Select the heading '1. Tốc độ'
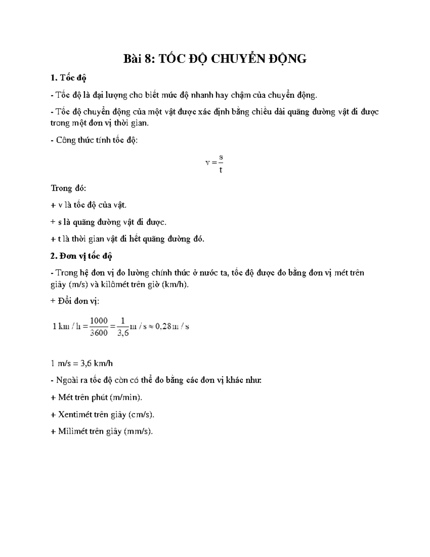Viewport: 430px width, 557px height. [x=68, y=78]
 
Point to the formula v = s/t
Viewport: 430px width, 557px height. [x=214, y=163]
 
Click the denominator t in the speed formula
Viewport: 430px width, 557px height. [x=221, y=170]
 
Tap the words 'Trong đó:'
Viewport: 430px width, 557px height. [x=68, y=188]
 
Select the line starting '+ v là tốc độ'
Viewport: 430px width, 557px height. [x=89, y=205]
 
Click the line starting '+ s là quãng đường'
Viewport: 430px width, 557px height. [x=109, y=222]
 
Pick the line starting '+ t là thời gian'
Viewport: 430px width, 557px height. [x=127, y=239]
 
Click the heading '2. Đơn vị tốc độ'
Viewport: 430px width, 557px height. [x=81, y=256]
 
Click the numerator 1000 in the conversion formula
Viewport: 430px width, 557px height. [x=99, y=321]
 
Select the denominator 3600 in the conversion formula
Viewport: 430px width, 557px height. [x=99, y=333]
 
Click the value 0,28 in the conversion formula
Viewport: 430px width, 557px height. [x=163, y=326]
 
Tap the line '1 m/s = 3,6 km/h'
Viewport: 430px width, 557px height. [x=82, y=363]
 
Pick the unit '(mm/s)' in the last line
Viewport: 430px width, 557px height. [x=138, y=431]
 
